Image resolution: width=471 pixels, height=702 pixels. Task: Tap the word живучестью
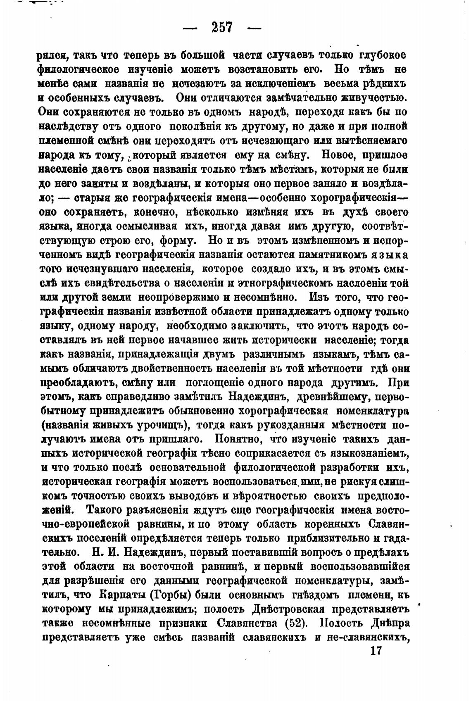pos(374,98)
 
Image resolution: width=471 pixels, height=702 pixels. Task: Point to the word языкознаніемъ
pos(369,453)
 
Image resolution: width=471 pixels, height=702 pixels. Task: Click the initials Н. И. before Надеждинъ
pos(103,552)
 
